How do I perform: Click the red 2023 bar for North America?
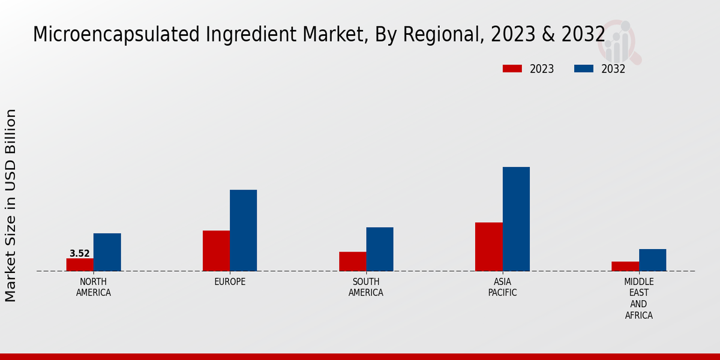pyautogui.click(x=80, y=265)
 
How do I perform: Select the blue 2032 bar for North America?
pyautogui.click(x=107, y=252)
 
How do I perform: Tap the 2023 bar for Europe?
pyautogui.click(x=216, y=251)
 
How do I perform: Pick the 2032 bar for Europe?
pyautogui.click(x=243, y=230)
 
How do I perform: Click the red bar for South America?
pyautogui.click(x=352, y=262)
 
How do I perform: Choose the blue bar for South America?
pyautogui.click(x=380, y=249)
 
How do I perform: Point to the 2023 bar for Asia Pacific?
pyautogui.click(x=488, y=247)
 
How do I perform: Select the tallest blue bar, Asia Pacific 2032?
pyautogui.click(x=516, y=219)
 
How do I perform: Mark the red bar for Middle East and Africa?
pyautogui.click(x=625, y=266)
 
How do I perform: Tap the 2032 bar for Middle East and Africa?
pyautogui.click(x=652, y=260)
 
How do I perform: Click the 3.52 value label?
pyautogui.click(x=80, y=253)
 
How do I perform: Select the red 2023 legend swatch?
pyautogui.click(x=512, y=69)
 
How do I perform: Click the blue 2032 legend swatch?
pyautogui.click(x=584, y=69)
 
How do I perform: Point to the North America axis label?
pyautogui.click(x=94, y=287)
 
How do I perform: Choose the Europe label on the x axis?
pyautogui.click(x=230, y=282)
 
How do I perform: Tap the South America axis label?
pyautogui.click(x=366, y=287)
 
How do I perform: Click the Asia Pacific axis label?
pyautogui.click(x=502, y=287)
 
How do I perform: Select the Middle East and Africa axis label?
pyautogui.click(x=639, y=298)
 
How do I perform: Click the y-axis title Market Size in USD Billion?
pyautogui.click(x=11, y=205)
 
